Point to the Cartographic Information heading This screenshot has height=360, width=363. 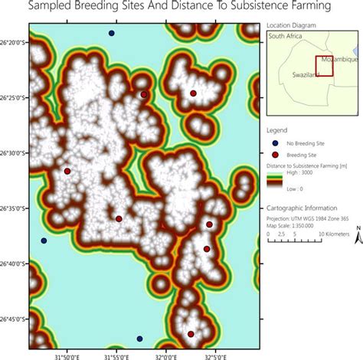(302, 208)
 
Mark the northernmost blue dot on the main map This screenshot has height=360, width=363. (112, 34)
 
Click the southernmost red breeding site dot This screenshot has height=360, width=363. (191, 333)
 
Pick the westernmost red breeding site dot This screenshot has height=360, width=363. (67, 172)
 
